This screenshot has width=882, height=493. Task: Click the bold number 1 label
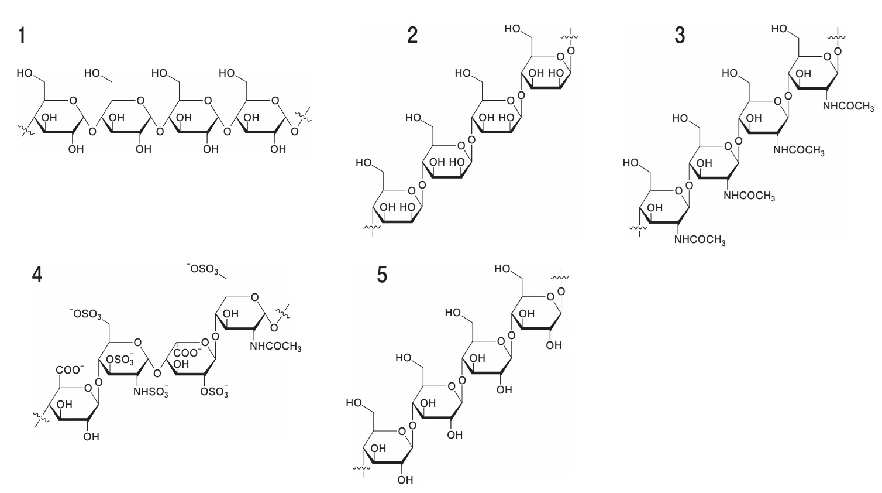[22, 36]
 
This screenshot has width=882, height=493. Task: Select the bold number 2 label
[412, 36]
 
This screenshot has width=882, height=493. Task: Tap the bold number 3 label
[680, 36]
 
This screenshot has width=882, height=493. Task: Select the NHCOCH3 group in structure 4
[275, 347]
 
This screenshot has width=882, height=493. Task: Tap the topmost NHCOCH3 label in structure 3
[848, 107]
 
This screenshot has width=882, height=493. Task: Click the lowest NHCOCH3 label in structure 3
[700, 240]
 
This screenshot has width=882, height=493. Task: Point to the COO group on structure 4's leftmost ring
[70, 369]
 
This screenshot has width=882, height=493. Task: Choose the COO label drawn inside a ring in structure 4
[187, 352]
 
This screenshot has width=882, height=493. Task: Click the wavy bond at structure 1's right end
[304, 115]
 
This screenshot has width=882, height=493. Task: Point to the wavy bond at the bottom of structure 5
[362, 469]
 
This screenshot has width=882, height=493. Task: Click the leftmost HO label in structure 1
[25, 73]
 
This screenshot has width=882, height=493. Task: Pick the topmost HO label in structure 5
[502, 269]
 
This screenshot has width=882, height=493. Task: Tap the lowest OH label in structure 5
[405, 480]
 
